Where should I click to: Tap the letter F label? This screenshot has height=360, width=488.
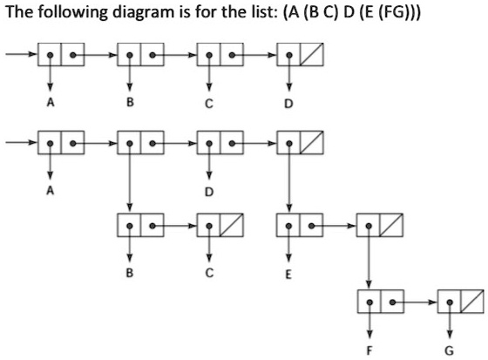369,351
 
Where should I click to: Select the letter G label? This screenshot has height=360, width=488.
450,351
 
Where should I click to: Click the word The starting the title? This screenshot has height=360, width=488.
19,15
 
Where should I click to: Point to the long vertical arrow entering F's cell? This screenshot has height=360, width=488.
369,262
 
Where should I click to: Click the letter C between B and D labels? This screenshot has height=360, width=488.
209,106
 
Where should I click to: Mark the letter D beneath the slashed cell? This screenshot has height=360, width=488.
288,106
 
